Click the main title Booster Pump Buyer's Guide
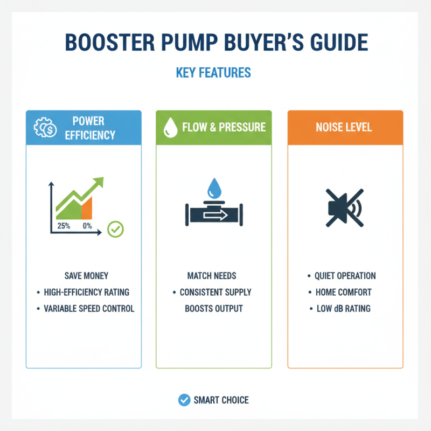(215, 44)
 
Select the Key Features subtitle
(213, 72)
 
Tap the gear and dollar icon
(44, 128)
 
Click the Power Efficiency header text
(90, 128)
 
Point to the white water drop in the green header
(170, 128)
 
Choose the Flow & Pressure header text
(224, 128)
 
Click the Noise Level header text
(345, 128)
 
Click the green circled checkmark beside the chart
(115, 230)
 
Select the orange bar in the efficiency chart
(87, 208)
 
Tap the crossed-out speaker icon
(345, 208)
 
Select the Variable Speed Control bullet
(88, 309)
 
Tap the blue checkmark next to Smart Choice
(184, 400)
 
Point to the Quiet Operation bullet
(345, 276)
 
